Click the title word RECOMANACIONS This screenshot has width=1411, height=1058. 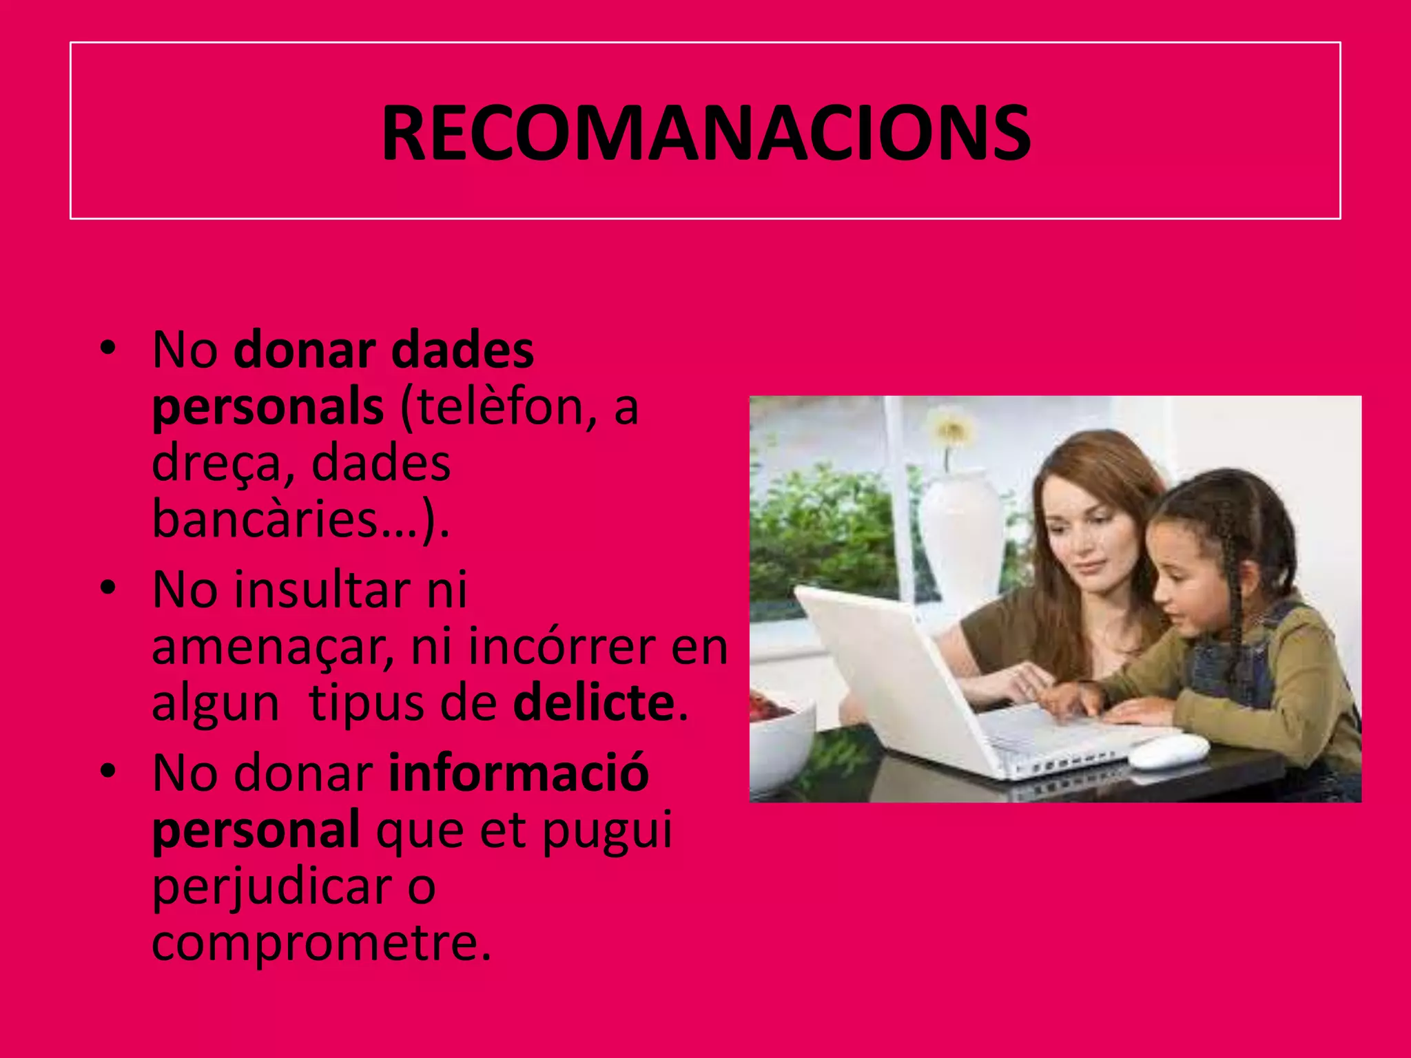(705, 132)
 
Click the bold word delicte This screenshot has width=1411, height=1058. (593, 703)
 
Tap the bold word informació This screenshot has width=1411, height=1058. (519, 773)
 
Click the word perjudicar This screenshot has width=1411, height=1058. (273, 887)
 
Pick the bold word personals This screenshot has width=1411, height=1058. (267, 407)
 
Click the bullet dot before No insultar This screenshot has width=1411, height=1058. (107, 590)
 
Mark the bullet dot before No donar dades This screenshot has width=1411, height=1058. (107, 349)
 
